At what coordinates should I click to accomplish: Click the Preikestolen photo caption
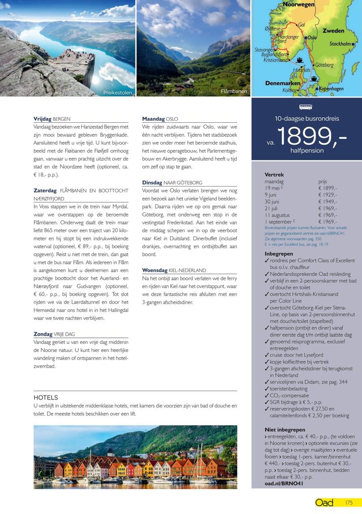[117, 92]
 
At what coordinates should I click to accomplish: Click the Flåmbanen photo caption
[234, 91]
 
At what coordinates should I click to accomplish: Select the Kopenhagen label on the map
[331, 89]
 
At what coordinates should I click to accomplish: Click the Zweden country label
[333, 31]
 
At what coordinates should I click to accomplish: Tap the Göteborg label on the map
[324, 65]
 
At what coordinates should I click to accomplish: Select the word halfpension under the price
[307, 151]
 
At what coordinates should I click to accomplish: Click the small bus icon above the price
[307, 107]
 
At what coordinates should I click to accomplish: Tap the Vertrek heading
[274, 175]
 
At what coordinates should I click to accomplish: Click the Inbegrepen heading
[279, 254]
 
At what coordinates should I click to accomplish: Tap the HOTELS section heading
[46, 397]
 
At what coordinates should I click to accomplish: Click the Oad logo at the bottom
[325, 503]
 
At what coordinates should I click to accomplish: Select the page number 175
[349, 503]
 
